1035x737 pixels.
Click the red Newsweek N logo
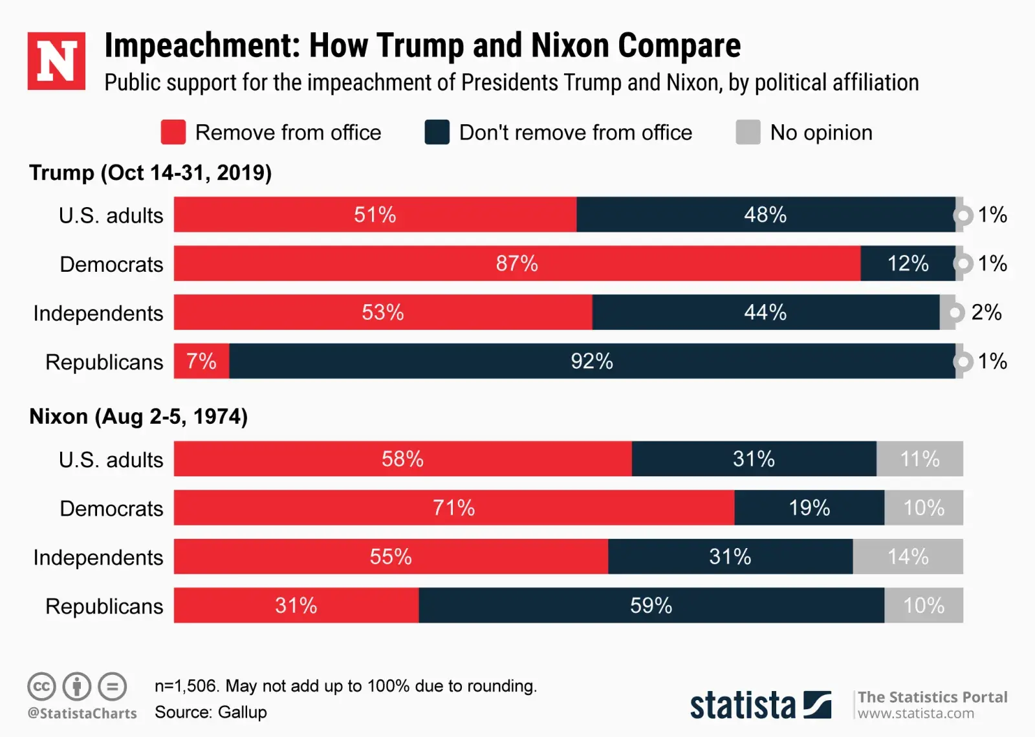(x=56, y=61)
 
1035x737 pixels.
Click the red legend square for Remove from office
(x=173, y=132)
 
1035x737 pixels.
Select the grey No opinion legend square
(x=748, y=132)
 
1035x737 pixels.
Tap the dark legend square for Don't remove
(x=437, y=132)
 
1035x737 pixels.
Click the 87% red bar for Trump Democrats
(x=516, y=263)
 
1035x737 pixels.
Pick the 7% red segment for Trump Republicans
(x=201, y=361)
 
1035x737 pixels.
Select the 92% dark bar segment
(x=591, y=361)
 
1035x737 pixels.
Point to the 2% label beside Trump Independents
(x=986, y=313)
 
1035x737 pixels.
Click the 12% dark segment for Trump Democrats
(x=907, y=263)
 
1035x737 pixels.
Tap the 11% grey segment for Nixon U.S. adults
(x=919, y=459)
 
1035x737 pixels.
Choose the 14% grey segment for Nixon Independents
(x=907, y=556)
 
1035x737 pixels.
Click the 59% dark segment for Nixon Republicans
(x=651, y=606)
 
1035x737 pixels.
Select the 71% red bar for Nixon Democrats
(x=453, y=508)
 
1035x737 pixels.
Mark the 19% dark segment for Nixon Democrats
(x=809, y=508)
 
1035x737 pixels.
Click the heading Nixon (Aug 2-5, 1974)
(x=138, y=416)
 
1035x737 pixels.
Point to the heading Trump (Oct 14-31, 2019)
(x=150, y=173)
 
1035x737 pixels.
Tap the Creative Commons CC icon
(x=41, y=687)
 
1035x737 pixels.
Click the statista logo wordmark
(x=743, y=705)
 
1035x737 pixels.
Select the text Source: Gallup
(x=210, y=712)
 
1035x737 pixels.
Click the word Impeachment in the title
(x=202, y=45)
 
